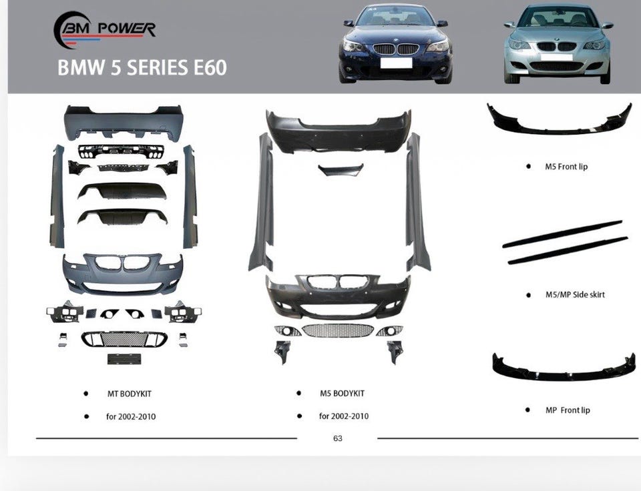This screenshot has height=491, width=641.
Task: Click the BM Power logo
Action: (x=104, y=30)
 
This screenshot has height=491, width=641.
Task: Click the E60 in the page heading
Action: (x=210, y=68)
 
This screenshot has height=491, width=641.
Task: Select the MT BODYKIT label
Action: (x=129, y=394)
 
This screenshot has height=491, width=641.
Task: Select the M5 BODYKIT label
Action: (x=342, y=394)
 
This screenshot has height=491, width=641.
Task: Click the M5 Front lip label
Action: (x=566, y=166)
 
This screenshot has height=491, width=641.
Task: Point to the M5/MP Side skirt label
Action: (x=575, y=294)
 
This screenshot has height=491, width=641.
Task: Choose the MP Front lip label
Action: (x=568, y=410)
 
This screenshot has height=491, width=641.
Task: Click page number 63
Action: (x=338, y=438)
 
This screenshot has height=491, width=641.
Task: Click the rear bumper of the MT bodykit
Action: (x=124, y=122)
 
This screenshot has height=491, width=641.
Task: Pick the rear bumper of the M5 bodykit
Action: (x=339, y=131)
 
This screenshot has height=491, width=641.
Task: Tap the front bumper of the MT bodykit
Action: (x=123, y=274)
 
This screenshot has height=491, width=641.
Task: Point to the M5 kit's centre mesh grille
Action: (x=338, y=330)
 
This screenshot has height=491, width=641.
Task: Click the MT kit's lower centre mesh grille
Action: (x=124, y=339)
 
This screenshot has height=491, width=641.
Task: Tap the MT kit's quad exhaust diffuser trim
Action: (x=121, y=151)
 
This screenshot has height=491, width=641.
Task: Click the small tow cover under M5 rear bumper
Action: (x=341, y=169)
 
